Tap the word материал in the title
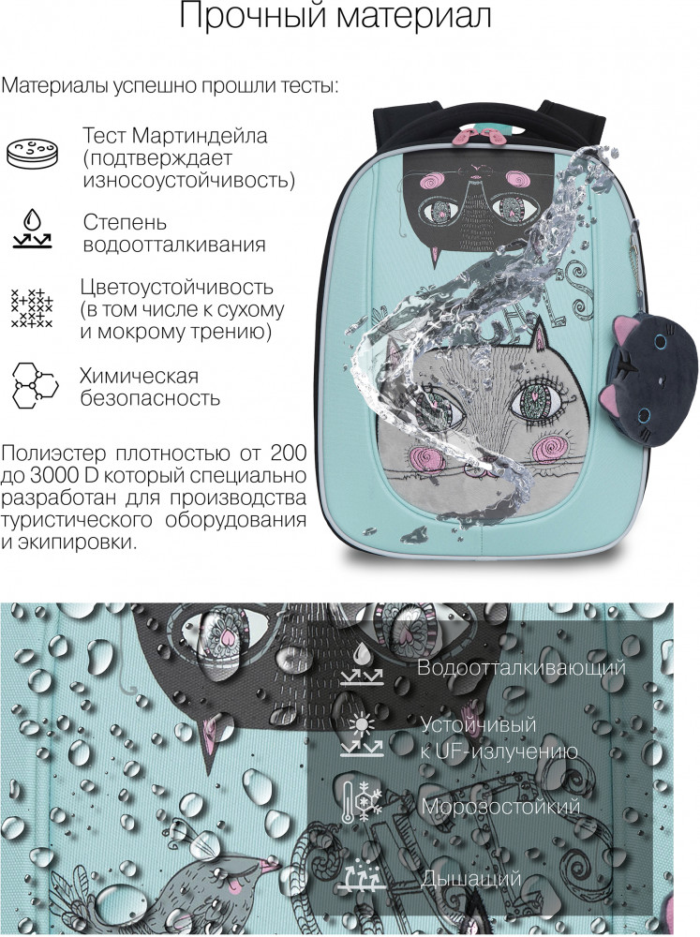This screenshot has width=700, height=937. click(x=413, y=16)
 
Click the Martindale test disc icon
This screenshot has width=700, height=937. click(x=33, y=153)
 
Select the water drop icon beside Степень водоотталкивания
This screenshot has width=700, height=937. click(x=32, y=229)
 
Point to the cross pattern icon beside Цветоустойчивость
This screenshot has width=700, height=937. click(x=32, y=307)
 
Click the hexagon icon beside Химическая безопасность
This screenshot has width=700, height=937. click(x=35, y=385)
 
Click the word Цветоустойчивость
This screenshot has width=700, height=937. click(x=177, y=287)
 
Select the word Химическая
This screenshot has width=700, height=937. click(x=140, y=376)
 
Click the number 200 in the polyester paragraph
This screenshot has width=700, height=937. click(x=289, y=453)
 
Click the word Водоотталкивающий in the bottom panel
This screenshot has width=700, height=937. click(x=521, y=666)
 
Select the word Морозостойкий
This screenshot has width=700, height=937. click(x=501, y=807)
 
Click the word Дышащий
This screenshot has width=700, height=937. click(x=471, y=879)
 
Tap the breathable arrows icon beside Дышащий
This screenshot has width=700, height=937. click(x=363, y=876)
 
